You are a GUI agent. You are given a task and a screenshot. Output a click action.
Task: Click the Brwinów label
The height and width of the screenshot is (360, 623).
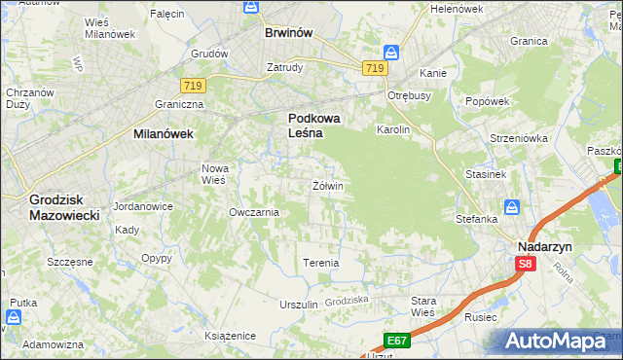click(289, 32)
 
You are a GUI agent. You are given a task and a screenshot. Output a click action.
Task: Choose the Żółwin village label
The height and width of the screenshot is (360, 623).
click(327, 185)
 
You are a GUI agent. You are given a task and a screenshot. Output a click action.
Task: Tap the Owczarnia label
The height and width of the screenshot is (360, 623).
click(254, 212)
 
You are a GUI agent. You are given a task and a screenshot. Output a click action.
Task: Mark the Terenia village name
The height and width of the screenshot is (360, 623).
click(321, 263)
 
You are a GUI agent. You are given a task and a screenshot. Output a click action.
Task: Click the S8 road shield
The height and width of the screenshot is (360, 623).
click(526, 263)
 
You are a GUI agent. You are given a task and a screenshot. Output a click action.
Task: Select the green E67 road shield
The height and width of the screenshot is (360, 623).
click(395, 340)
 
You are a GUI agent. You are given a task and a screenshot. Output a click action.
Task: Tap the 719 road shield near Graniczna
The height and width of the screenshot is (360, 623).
click(191, 87)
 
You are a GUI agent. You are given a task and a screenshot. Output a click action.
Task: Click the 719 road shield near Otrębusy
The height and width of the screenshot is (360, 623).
click(375, 68)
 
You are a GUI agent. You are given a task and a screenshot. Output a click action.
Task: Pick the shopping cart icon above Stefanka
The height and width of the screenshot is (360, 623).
click(512, 206)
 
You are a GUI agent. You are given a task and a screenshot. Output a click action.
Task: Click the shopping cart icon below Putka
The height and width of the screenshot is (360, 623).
click(15, 317)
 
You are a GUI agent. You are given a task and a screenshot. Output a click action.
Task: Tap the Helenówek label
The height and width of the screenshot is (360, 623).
click(457, 9)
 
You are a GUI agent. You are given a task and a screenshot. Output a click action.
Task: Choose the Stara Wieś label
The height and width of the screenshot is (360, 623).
click(423, 306)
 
